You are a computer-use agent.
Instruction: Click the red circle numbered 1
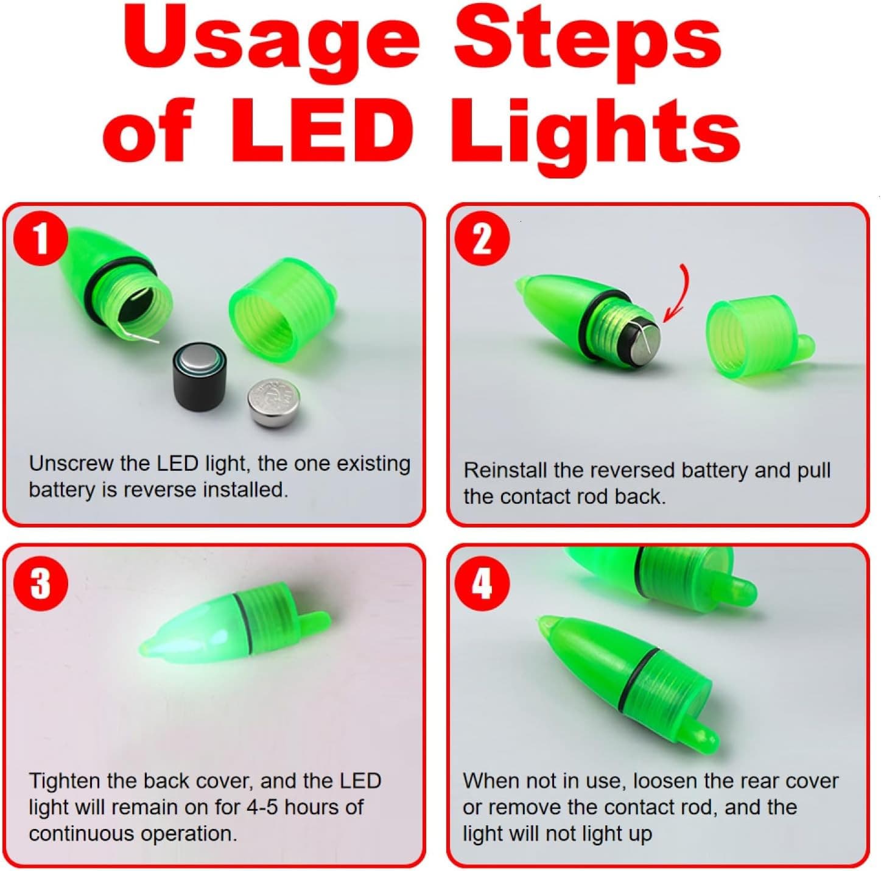click(41, 239)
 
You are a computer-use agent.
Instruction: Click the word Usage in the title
click(271, 43)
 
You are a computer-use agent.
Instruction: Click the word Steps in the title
click(587, 43)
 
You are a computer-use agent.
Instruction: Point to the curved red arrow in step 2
click(679, 294)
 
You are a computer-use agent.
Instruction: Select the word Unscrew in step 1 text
click(71, 464)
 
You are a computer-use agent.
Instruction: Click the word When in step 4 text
click(490, 781)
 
